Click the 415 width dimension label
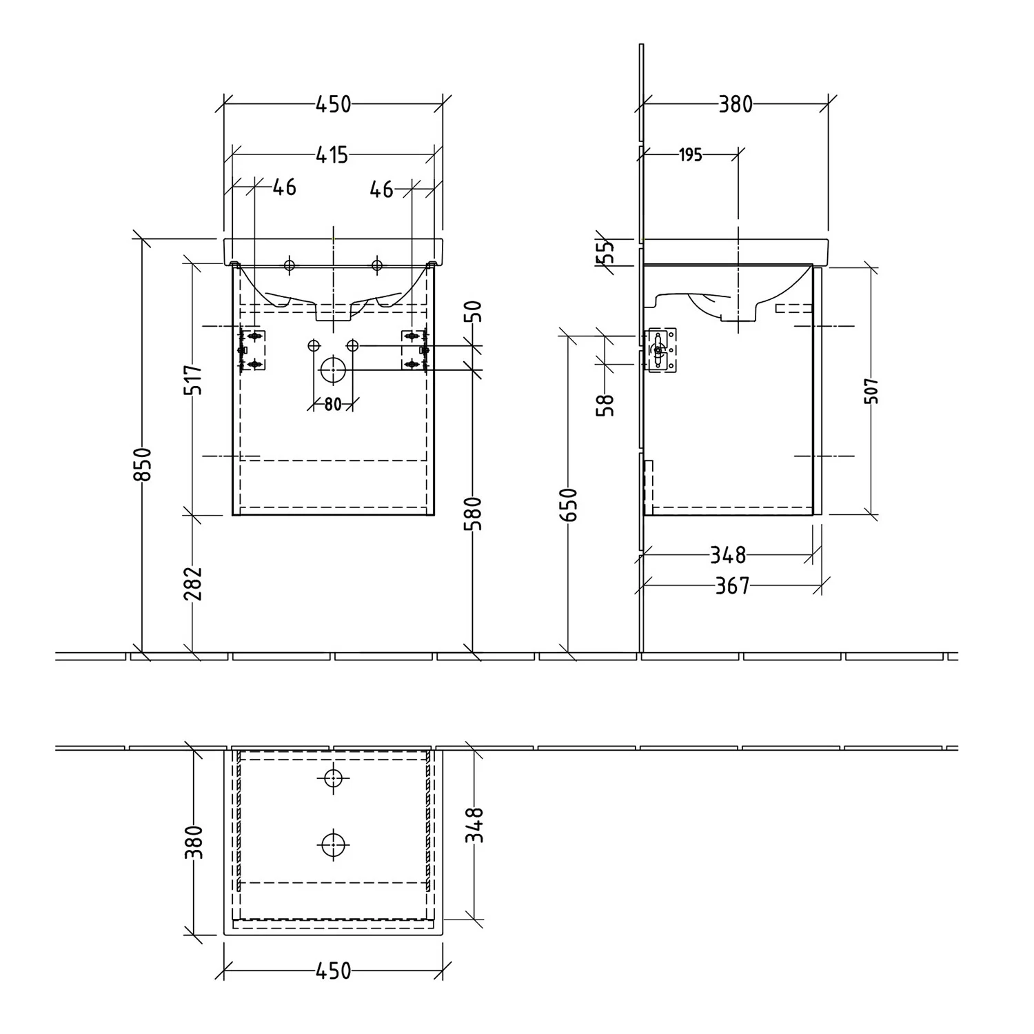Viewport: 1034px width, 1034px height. (332, 155)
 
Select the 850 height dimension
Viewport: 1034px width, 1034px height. (142, 464)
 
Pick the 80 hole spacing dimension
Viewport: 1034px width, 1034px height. (333, 405)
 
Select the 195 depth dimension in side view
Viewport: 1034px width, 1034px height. (690, 155)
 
